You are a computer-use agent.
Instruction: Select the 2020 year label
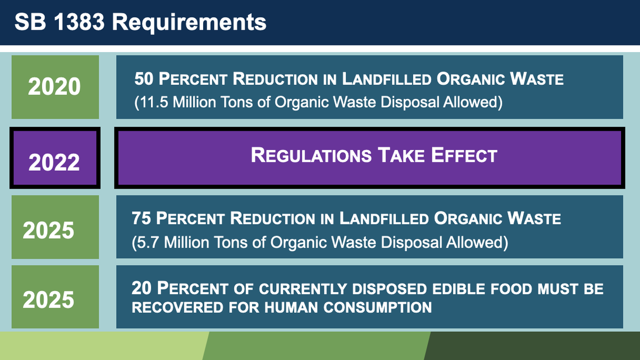click(54, 87)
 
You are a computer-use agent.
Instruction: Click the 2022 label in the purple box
click(54, 162)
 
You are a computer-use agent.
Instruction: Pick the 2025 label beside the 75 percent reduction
click(48, 230)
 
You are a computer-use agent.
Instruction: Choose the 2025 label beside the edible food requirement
click(48, 299)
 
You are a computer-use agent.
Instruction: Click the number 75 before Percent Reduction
click(142, 218)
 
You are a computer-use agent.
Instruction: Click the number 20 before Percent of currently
click(142, 288)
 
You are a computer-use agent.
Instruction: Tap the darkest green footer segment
click(533, 346)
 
